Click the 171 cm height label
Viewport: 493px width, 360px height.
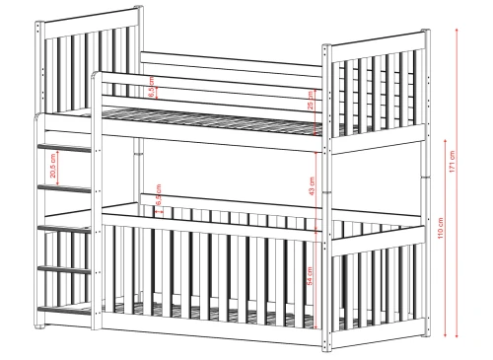coord(452,161)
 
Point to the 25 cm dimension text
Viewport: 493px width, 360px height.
coord(312,107)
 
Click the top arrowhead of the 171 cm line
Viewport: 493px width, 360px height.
coord(459,31)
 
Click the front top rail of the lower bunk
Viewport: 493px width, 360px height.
coord(212,214)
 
